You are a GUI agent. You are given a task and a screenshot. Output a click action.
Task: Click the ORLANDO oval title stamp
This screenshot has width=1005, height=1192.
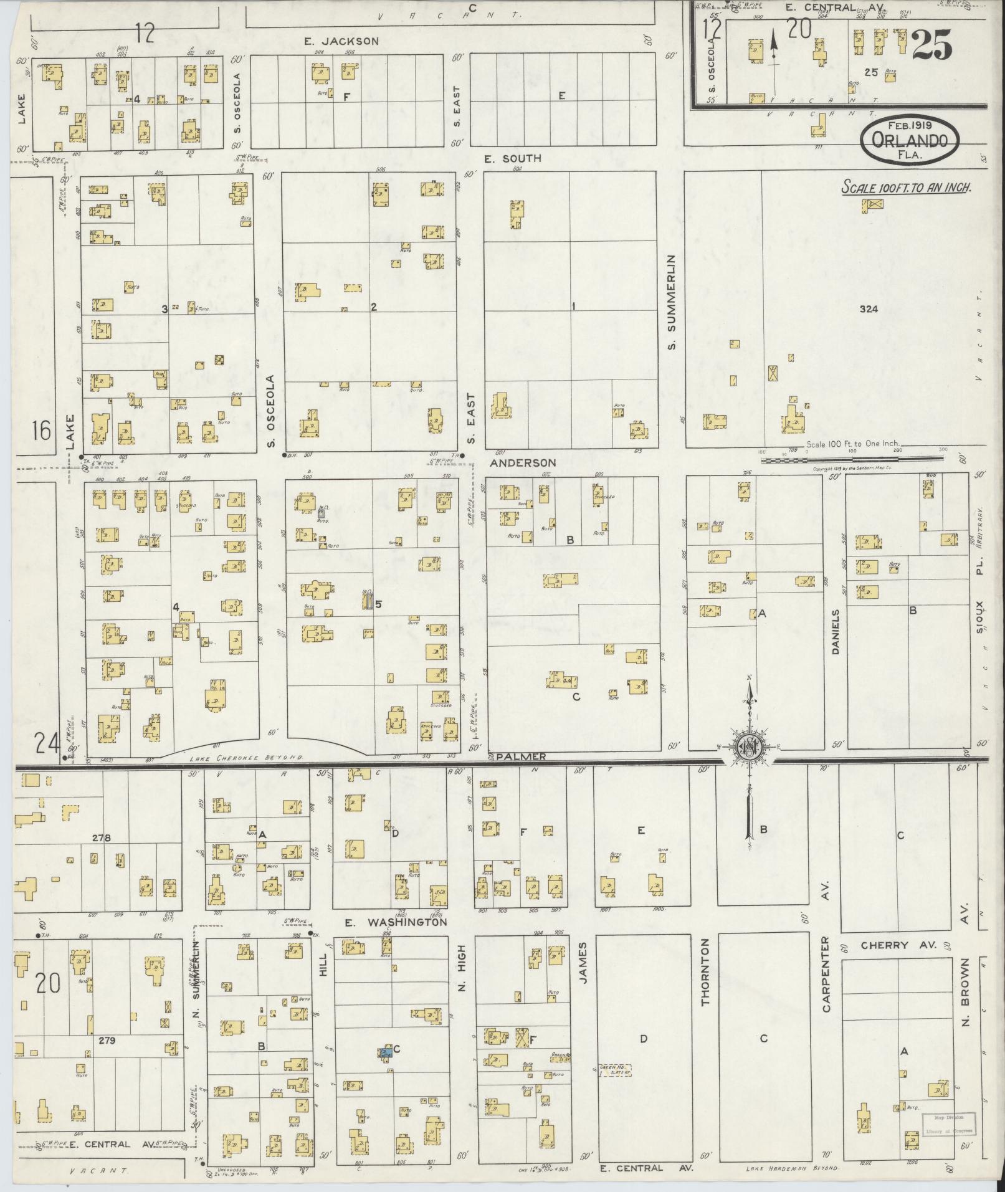pos(909,142)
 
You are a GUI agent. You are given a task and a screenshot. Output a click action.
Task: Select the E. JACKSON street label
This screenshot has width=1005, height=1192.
pos(341,41)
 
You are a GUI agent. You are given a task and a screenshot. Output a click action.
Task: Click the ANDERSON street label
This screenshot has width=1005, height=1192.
pos(522,463)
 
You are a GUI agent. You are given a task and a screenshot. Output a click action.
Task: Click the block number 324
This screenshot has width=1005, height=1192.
pos(867,308)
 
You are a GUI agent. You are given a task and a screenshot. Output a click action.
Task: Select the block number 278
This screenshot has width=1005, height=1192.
pos(101,838)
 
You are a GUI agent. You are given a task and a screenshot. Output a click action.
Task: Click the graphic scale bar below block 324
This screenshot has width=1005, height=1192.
pos(850,459)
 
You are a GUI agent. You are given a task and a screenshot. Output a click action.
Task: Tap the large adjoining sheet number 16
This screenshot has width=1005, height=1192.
pos(42,431)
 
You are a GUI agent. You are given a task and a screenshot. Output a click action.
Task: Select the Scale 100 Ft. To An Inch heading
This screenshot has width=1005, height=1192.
pos(907,188)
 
